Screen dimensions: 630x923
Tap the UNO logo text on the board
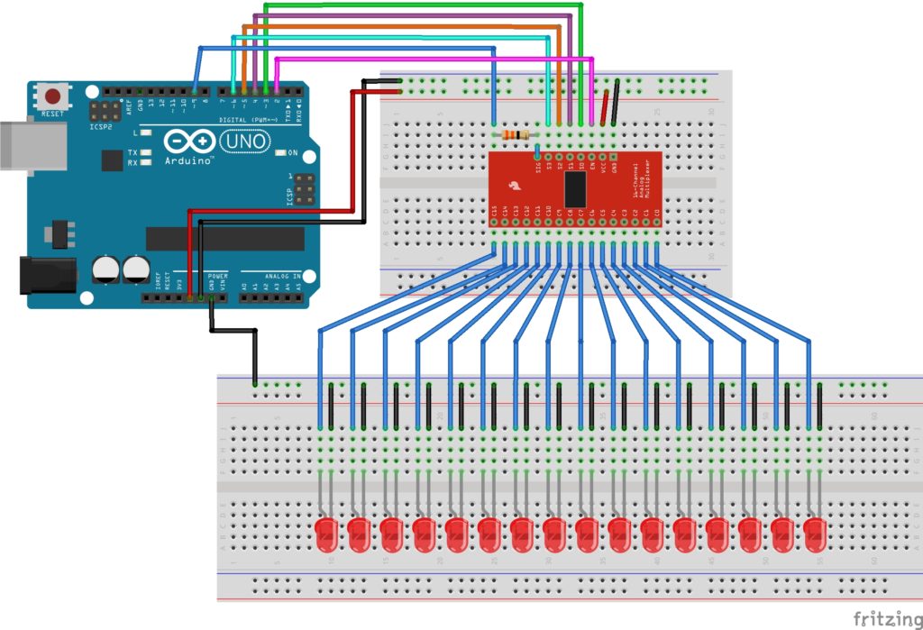click(242, 142)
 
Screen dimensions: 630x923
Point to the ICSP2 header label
click(101, 126)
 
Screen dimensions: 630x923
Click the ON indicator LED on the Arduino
click(280, 152)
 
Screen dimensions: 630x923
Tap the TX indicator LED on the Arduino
click(145, 152)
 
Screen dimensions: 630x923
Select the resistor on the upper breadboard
click(516, 135)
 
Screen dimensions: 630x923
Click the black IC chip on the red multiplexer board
click(576, 188)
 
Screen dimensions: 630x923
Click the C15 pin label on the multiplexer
click(495, 213)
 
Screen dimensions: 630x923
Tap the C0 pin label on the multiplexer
click(657, 213)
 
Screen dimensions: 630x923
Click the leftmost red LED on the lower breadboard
click(326, 534)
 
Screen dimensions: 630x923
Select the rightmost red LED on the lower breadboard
click(815, 534)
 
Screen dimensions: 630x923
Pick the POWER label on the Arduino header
click(218, 274)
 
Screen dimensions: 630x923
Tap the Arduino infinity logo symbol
click(189, 142)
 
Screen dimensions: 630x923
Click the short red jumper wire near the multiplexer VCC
click(604, 106)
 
